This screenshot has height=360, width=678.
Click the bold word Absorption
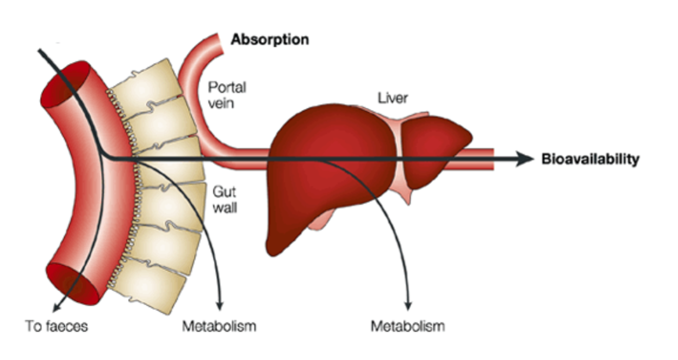pyautogui.click(x=269, y=38)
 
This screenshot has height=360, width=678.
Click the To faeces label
pyautogui.click(x=56, y=325)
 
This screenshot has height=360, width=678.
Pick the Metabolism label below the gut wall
pyautogui.click(x=219, y=325)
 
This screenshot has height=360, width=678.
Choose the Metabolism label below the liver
pyautogui.click(x=407, y=325)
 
